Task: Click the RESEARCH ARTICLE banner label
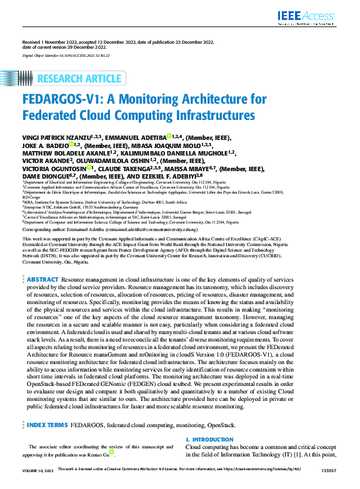[79, 79]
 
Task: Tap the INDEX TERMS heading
[47, 425]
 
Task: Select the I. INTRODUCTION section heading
[209, 440]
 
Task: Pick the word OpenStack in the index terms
[222, 425]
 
